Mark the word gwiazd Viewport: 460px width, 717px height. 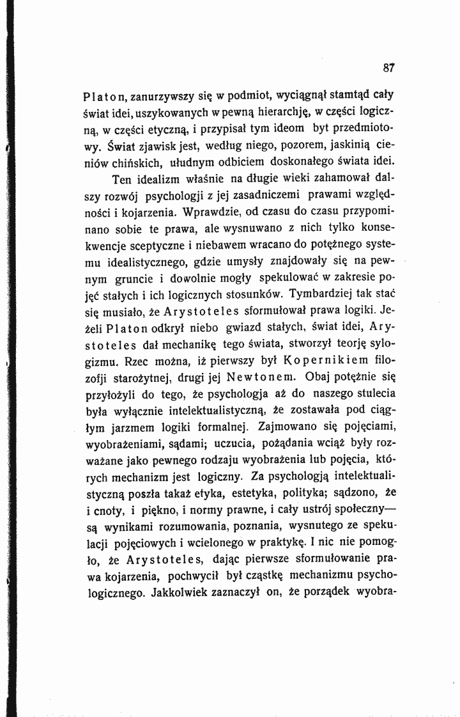pyautogui.click(x=245, y=327)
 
